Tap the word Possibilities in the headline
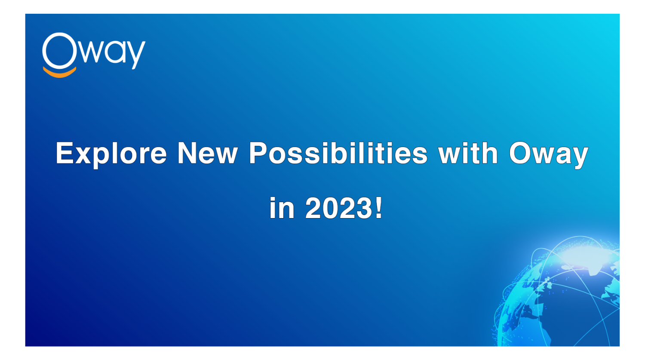pos(338,153)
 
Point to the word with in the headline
pos(468,153)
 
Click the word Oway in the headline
pos(549,155)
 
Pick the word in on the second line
pos(282,207)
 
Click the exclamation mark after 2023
pos(379,207)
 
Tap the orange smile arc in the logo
pos(60,74)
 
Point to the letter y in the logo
pos(136,55)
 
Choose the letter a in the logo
pos(116,52)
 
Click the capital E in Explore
pos(65,153)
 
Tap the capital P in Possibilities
pos(259,153)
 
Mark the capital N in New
pos(187,153)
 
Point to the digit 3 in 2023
pos(365,208)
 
